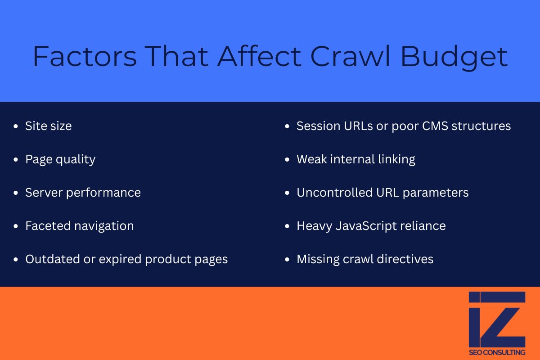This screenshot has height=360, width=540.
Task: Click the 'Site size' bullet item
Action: click(x=48, y=126)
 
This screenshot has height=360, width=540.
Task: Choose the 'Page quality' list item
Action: click(x=60, y=159)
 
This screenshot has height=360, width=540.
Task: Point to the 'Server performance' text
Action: click(x=83, y=193)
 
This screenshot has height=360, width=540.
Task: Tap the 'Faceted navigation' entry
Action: click(x=79, y=226)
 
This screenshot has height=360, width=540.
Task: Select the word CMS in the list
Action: click(x=434, y=126)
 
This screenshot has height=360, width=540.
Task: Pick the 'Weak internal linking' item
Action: click(x=355, y=159)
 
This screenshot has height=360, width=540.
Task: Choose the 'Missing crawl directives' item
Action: click(x=364, y=259)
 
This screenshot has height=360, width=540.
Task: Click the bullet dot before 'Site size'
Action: click(x=17, y=126)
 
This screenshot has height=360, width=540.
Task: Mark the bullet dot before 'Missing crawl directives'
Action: click(x=288, y=260)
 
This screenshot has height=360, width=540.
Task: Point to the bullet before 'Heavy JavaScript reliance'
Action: click(x=288, y=226)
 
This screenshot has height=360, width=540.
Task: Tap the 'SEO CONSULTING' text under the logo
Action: click(x=497, y=352)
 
